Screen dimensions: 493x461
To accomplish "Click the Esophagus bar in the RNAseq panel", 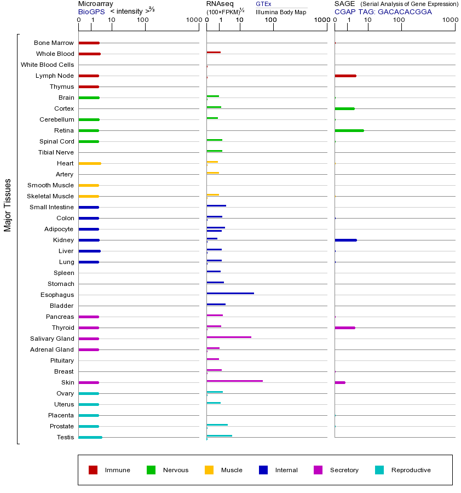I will click(230, 294).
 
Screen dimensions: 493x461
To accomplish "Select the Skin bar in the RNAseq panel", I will click(234, 381).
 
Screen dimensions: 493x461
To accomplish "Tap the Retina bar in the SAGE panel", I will click(349, 130).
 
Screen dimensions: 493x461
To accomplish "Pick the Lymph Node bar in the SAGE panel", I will click(345, 76).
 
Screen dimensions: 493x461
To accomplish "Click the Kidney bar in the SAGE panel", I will click(345, 240).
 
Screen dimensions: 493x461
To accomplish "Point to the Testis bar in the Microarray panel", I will click(90, 437).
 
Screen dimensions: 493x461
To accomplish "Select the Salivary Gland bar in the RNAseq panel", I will click(229, 337).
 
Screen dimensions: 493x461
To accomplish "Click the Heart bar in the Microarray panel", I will click(90, 163).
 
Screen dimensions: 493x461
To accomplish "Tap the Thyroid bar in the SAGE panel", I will click(344, 328).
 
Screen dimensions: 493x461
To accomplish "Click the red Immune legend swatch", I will click(93, 470).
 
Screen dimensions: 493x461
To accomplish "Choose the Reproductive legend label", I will click(411, 470).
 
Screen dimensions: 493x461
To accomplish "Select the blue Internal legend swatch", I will click(263, 470).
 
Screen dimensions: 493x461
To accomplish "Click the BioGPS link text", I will click(91, 12).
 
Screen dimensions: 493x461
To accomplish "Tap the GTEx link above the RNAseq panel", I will click(263, 4).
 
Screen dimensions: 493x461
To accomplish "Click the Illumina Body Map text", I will click(281, 12).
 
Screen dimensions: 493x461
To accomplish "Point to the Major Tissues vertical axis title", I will click(8, 204).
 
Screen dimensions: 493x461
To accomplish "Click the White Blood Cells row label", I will click(47, 65).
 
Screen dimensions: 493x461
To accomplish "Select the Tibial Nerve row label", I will click(56, 152).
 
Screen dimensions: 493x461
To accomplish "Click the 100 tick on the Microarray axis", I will click(143, 20).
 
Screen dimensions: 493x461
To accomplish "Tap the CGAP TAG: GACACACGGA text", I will click(383, 12).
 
